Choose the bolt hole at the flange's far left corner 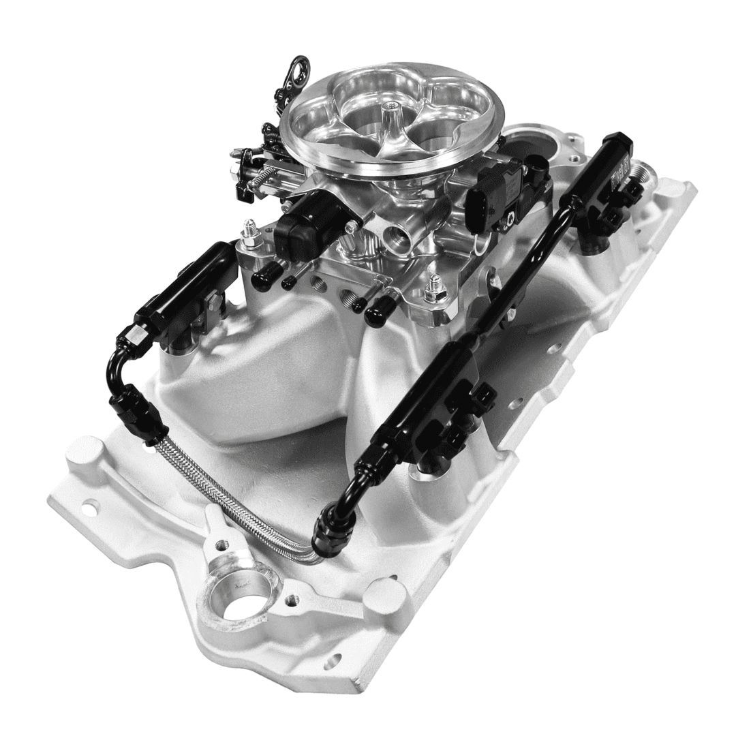tap(89, 506)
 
